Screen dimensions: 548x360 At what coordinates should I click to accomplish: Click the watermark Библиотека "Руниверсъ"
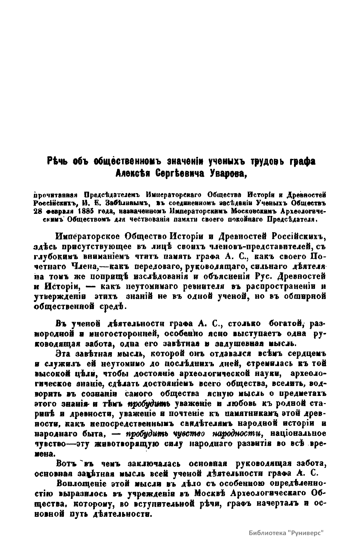286,533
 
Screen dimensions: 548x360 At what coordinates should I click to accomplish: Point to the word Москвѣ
213,493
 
